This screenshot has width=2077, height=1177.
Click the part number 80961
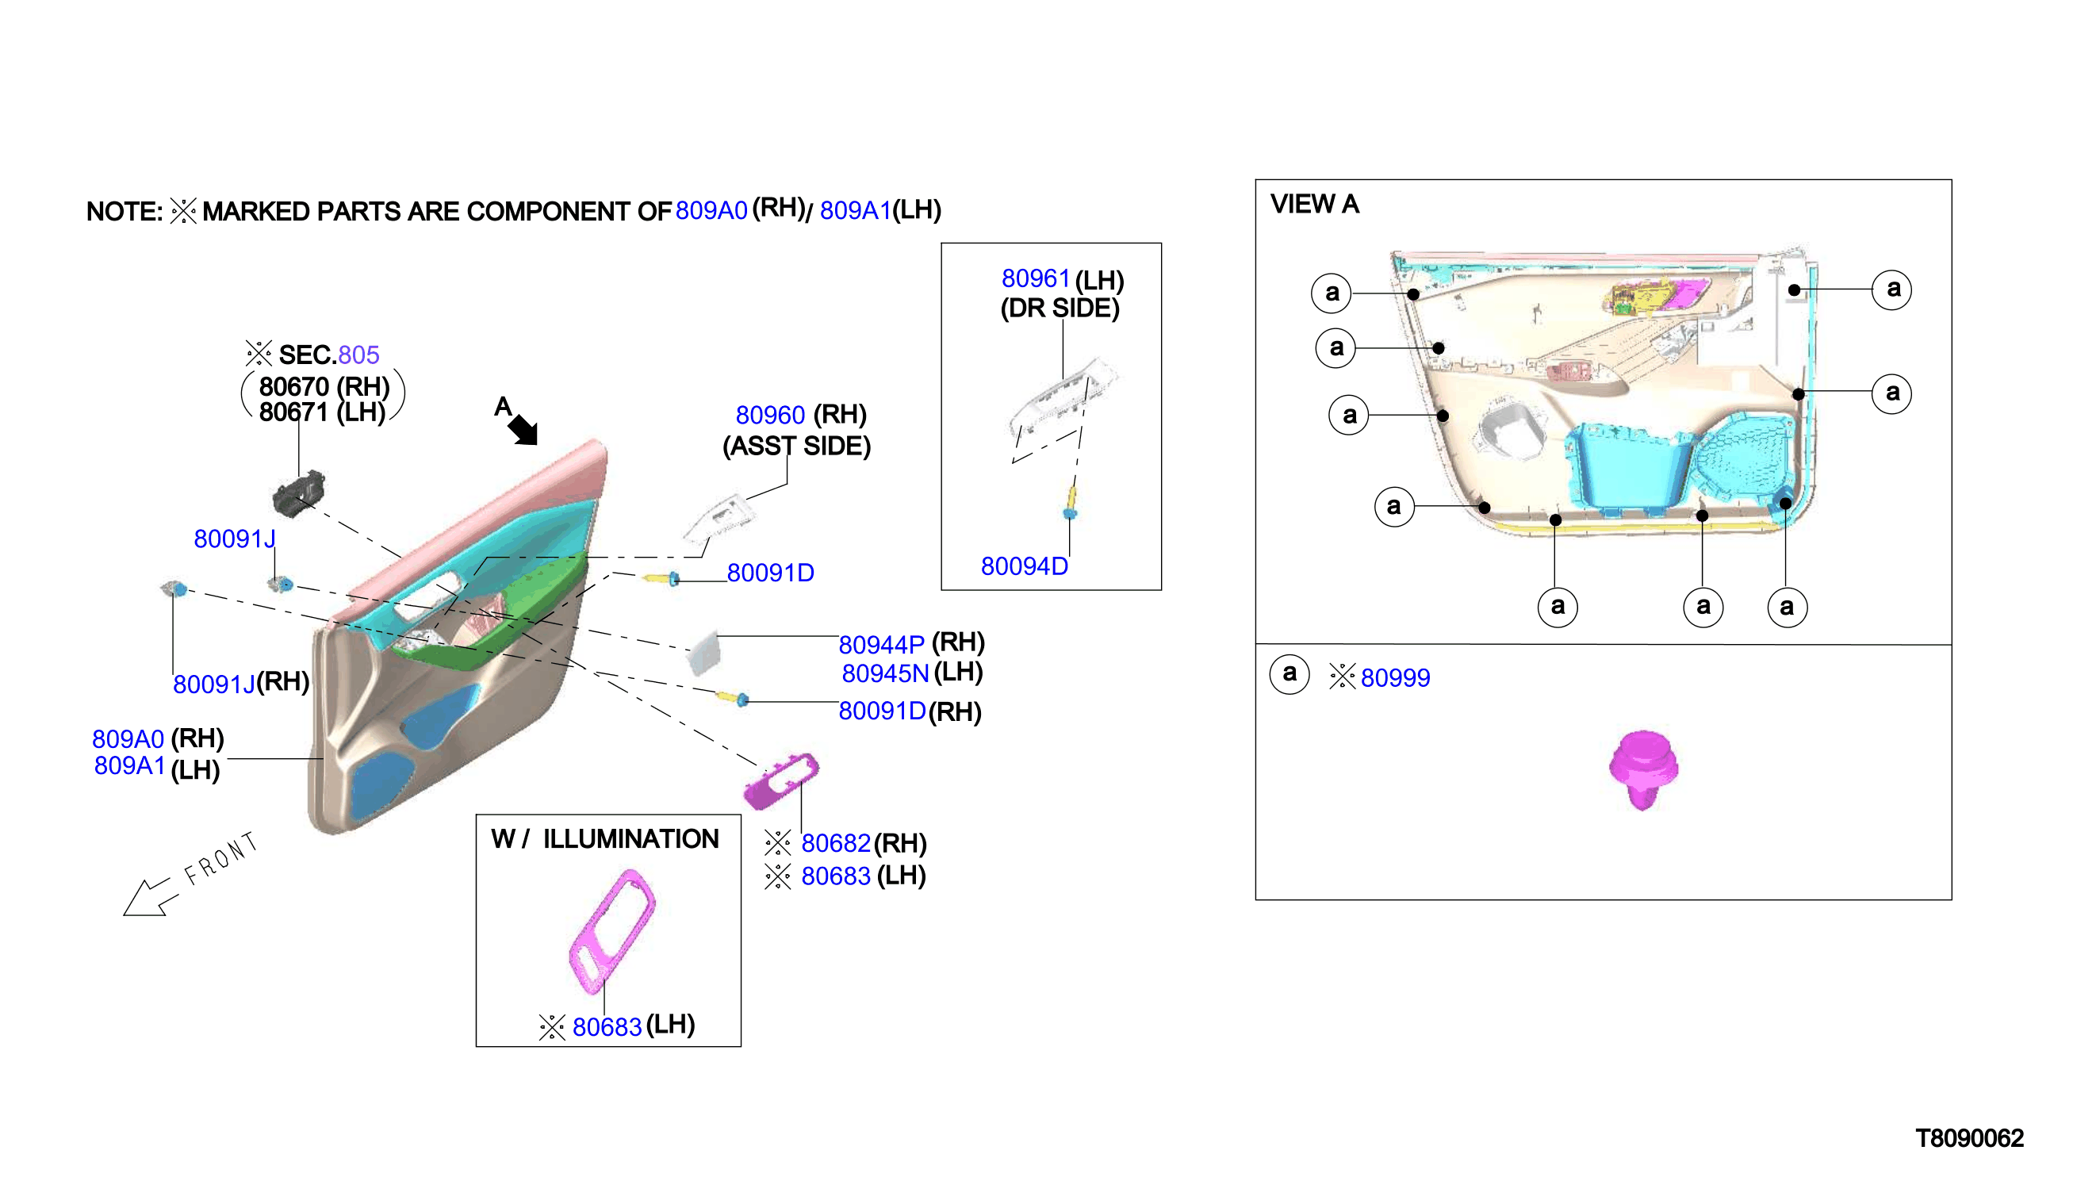(1035, 279)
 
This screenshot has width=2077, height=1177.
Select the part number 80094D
(1024, 566)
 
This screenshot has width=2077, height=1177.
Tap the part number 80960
(769, 416)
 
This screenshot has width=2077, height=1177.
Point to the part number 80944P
(881, 645)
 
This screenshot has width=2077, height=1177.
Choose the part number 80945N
(885, 673)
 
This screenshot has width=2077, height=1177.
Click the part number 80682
(835, 844)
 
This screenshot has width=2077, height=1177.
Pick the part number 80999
(1395, 678)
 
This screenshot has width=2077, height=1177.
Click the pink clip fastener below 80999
(1642, 769)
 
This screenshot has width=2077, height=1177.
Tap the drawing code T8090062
(1968, 1139)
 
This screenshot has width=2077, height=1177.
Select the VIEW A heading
(1314, 205)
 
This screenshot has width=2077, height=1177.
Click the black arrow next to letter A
(523, 428)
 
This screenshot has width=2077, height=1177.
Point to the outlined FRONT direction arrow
(147, 897)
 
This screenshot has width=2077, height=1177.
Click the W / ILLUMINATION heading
(604, 839)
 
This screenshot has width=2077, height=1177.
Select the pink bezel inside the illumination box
(611, 931)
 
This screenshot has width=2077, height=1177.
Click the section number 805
(358, 355)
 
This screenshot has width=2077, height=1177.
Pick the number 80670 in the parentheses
(294, 387)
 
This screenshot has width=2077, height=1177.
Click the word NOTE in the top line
(125, 212)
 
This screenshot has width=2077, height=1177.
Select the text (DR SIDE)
(1060, 309)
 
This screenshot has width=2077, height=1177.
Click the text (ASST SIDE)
(796, 447)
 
